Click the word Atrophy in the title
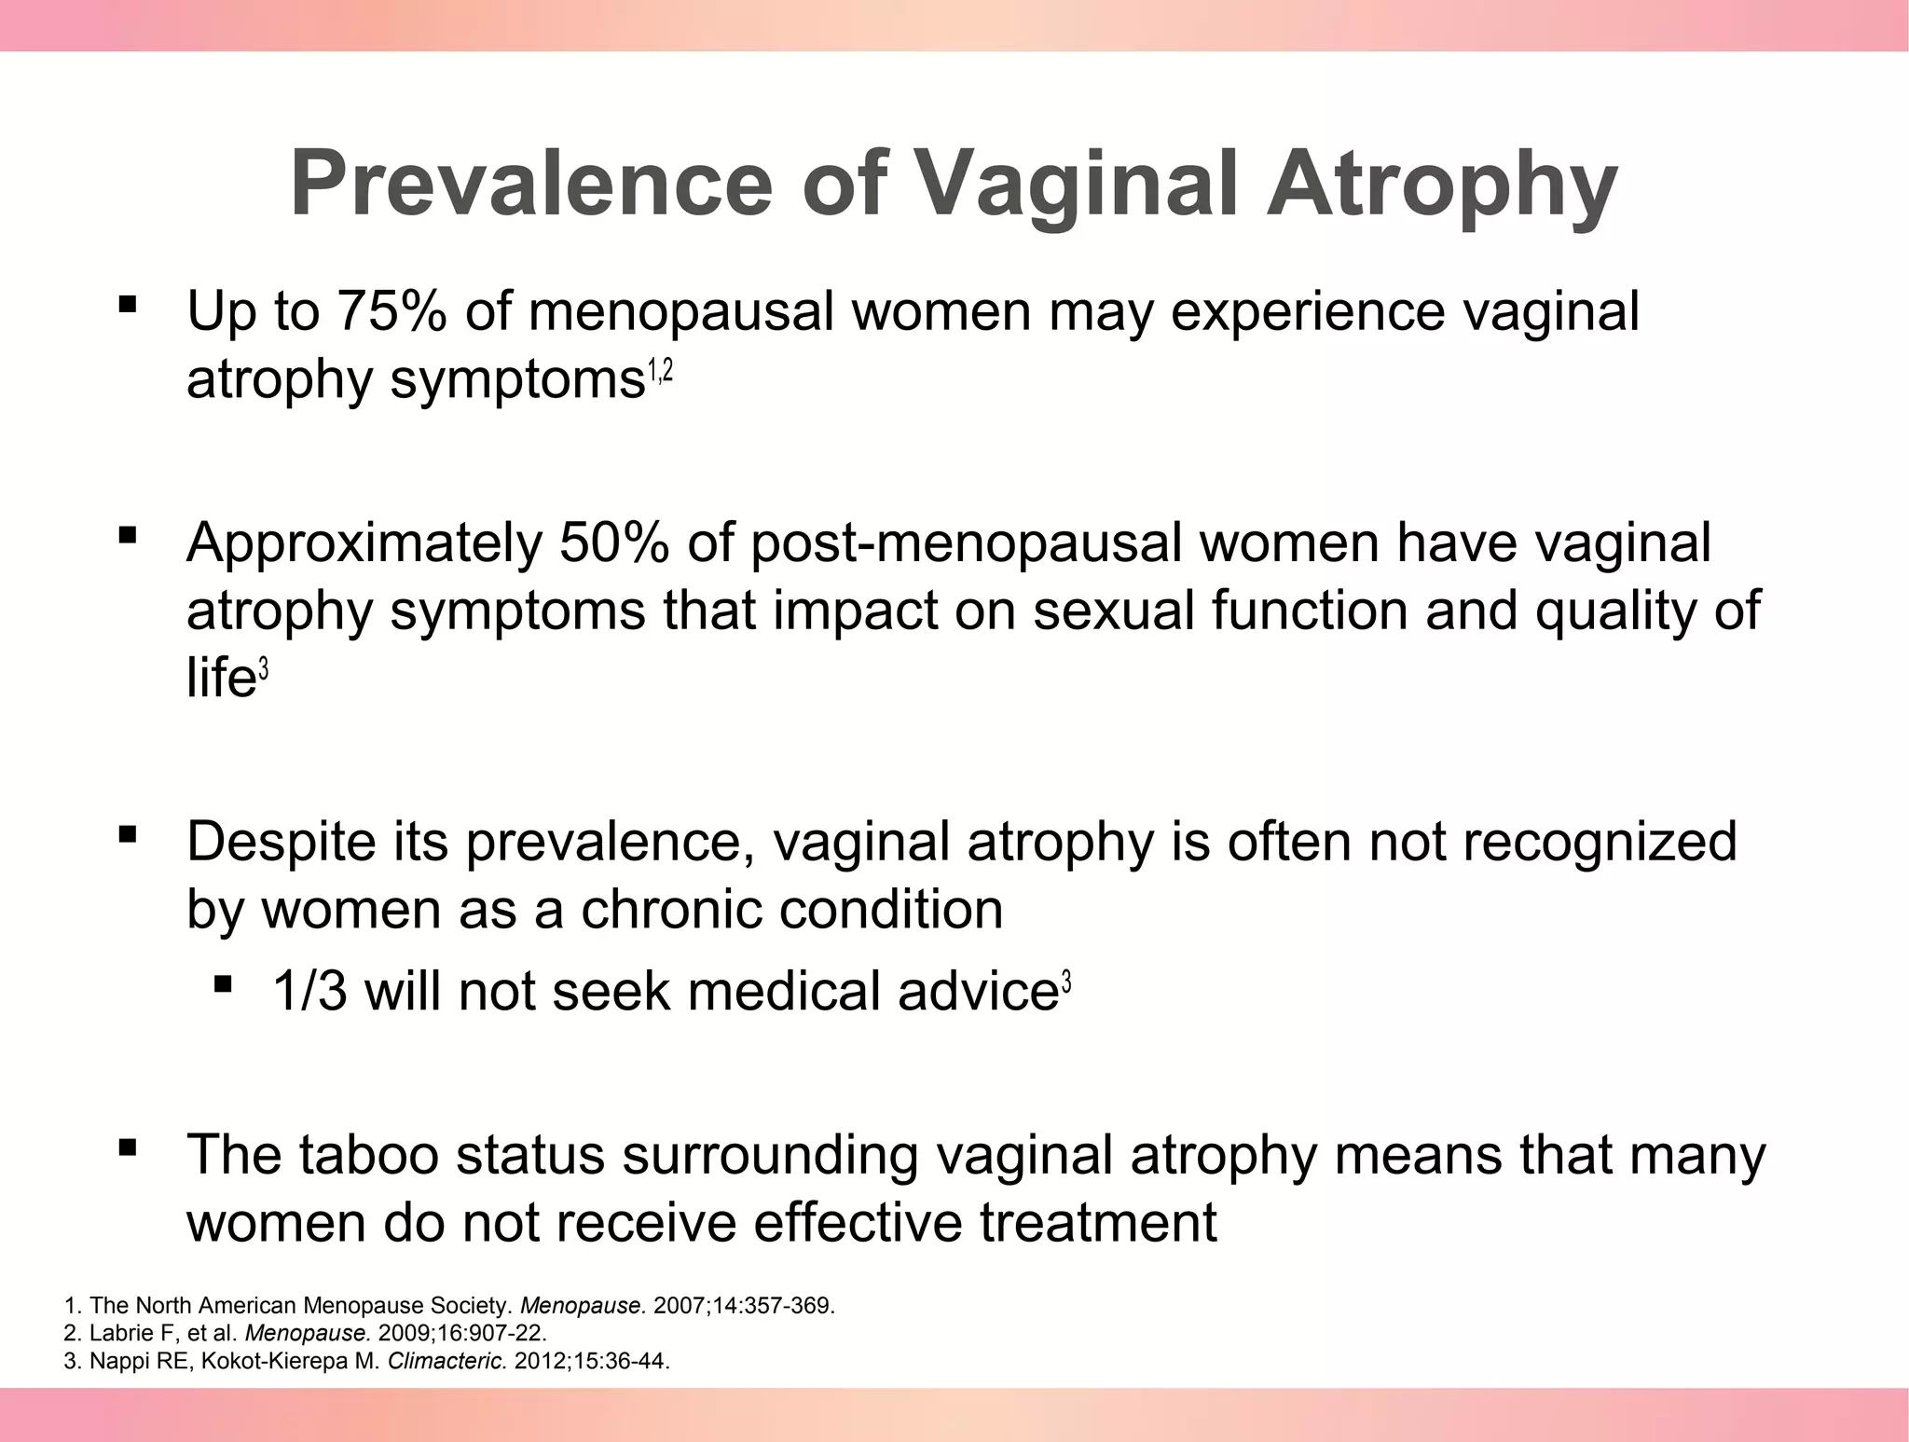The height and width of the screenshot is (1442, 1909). [1440, 183]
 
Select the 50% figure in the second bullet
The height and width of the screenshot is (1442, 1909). [612, 542]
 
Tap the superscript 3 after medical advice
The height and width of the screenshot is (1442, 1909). [1066, 982]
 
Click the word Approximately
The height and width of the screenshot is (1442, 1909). [364, 543]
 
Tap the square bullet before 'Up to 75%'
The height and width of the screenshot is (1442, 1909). [128, 304]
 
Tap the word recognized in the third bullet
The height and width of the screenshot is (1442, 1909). [1599, 841]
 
